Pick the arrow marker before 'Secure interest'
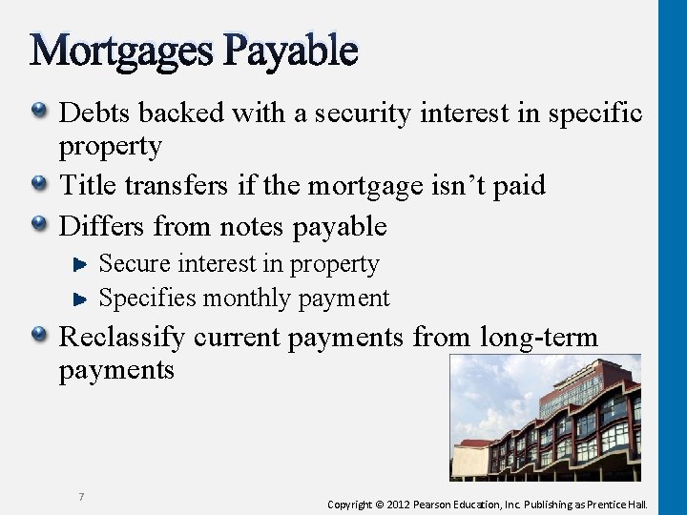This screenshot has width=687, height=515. click(x=82, y=264)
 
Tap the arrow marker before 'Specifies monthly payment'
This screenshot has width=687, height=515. click(x=82, y=299)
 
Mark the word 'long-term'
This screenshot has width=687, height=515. click(x=539, y=338)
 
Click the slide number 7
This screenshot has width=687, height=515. click(x=82, y=497)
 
